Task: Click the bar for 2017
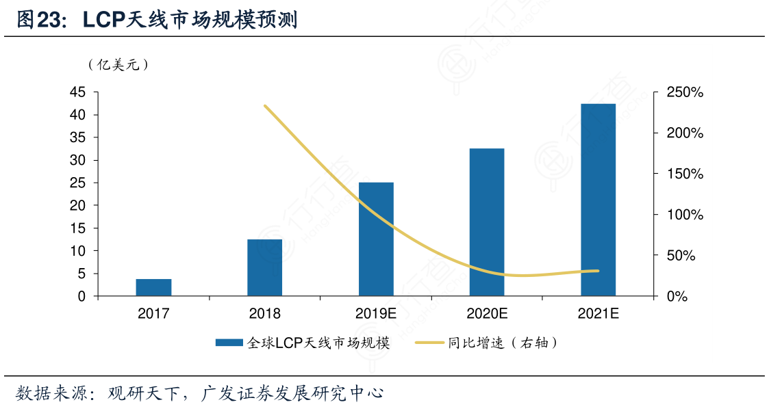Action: tap(153, 287)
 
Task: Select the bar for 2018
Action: tap(264, 267)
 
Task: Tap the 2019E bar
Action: tap(376, 239)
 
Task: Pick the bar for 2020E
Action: tap(487, 222)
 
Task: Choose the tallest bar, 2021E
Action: tap(598, 200)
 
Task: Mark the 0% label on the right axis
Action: tap(677, 297)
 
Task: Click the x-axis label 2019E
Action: tap(376, 315)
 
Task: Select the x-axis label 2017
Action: tap(153, 315)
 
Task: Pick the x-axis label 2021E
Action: tap(598, 315)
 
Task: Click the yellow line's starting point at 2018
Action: tap(265, 106)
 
